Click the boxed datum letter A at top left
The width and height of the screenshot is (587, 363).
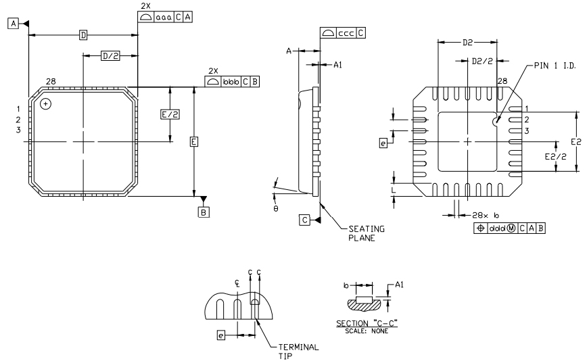13,24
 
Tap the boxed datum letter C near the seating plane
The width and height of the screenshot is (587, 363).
306,220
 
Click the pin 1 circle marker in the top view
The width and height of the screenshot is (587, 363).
45,103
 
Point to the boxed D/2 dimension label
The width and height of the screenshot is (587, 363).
110,56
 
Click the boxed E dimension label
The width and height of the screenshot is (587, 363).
194,142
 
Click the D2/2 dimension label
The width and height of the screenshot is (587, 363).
482,61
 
